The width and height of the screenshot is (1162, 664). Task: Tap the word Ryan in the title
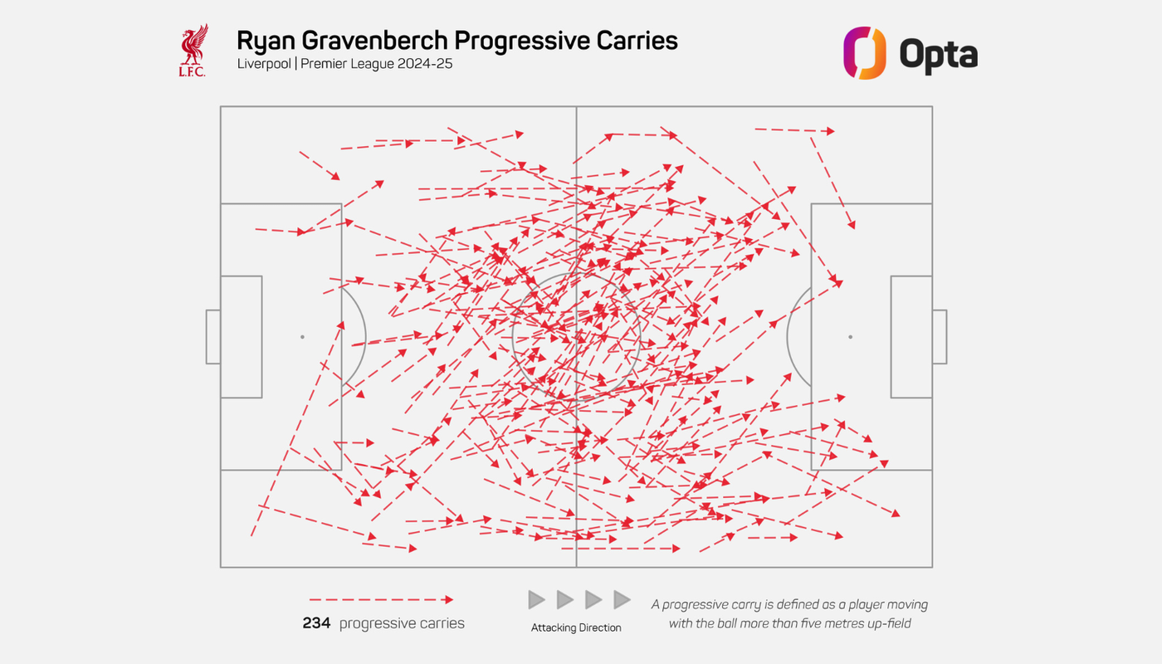(258, 41)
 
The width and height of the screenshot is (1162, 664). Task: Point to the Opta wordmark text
(938, 55)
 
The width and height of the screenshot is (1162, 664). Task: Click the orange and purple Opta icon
(864, 53)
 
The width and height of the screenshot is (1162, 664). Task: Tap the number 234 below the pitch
(316, 623)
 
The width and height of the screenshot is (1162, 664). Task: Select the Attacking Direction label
(576, 628)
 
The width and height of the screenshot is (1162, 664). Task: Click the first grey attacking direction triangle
(537, 599)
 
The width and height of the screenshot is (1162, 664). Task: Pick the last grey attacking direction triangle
(622, 599)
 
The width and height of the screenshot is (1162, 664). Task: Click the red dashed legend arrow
(381, 599)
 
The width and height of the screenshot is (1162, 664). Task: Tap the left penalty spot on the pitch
(302, 337)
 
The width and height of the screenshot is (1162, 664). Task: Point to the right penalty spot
(850, 337)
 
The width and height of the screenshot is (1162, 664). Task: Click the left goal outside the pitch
(213, 337)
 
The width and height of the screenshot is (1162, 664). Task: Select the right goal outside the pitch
(939, 337)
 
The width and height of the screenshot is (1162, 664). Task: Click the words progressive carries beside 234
(402, 623)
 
